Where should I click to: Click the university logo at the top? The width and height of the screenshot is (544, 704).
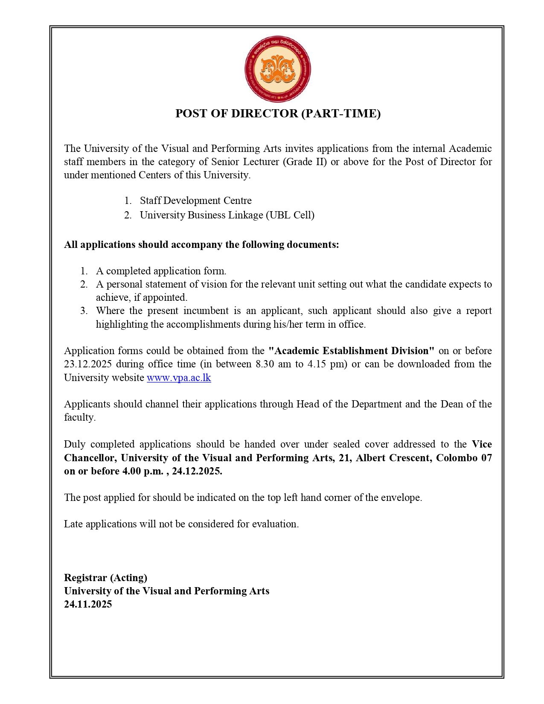pyautogui.click(x=277, y=69)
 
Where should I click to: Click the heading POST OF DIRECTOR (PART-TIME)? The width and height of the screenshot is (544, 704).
pyautogui.click(x=278, y=113)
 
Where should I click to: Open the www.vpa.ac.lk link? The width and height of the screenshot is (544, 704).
pyautogui.click(x=179, y=378)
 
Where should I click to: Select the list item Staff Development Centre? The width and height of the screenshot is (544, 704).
pyautogui.click(x=195, y=201)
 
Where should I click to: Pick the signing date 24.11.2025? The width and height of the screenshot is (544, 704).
pyautogui.click(x=88, y=604)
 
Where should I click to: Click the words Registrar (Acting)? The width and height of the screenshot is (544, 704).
pyautogui.click(x=105, y=578)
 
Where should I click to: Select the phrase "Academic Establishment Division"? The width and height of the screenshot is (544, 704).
pyautogui.click(x=351, y=351)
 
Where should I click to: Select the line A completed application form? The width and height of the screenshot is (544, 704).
pyautogui.click(x=161, y=271)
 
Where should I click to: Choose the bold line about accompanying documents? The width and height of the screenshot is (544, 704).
pyautogui.click(x=201, y=244)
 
